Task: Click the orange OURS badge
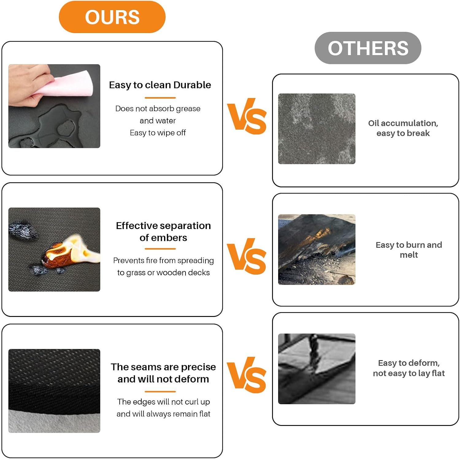pos(112,17)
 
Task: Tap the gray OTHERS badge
pos(368,48)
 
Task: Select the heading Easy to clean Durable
pos(160,85)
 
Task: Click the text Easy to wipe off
pos(158,133)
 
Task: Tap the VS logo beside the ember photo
pos(247,256)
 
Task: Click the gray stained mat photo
pos(316,129)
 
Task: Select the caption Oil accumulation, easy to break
pos(403,128)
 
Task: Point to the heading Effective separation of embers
pos(163,231)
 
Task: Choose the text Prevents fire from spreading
pos(163,260)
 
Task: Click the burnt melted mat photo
pos(316,250)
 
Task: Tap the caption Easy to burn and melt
pos(409,250)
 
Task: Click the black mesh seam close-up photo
pos(54,391)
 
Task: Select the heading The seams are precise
pos(163,367)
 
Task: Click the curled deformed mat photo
pos(316,369)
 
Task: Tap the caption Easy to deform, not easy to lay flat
pos(409,368)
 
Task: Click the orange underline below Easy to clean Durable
pos(160,98)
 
